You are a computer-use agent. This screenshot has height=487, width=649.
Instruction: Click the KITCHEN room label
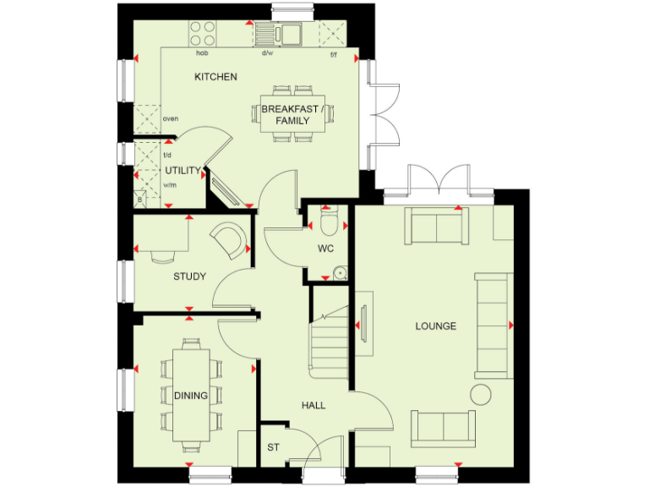point(215,77)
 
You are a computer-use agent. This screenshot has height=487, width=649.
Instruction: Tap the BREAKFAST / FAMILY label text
point(292,115)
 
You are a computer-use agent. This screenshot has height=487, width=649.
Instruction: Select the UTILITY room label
point(183,171)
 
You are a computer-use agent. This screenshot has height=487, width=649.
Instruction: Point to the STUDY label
point(189,276)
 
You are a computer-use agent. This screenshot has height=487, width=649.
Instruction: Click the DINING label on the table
point(191,395)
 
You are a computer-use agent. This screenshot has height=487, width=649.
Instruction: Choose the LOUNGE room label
point(435,326)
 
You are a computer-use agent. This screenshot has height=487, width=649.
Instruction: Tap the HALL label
point(314,406)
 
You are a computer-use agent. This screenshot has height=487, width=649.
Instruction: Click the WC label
point(326,249)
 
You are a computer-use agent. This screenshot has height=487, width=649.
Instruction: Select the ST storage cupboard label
point(273,447)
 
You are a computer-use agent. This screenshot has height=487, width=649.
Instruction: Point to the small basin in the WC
point(339,272)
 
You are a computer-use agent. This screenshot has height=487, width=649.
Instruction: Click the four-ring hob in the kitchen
point(203,34)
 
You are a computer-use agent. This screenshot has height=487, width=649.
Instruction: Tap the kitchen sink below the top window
point(281,34)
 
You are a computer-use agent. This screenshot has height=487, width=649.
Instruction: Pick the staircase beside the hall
point(328,342)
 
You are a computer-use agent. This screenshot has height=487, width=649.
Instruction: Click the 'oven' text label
point(170,118)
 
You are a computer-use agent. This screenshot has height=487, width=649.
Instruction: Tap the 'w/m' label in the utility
point(169,185)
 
